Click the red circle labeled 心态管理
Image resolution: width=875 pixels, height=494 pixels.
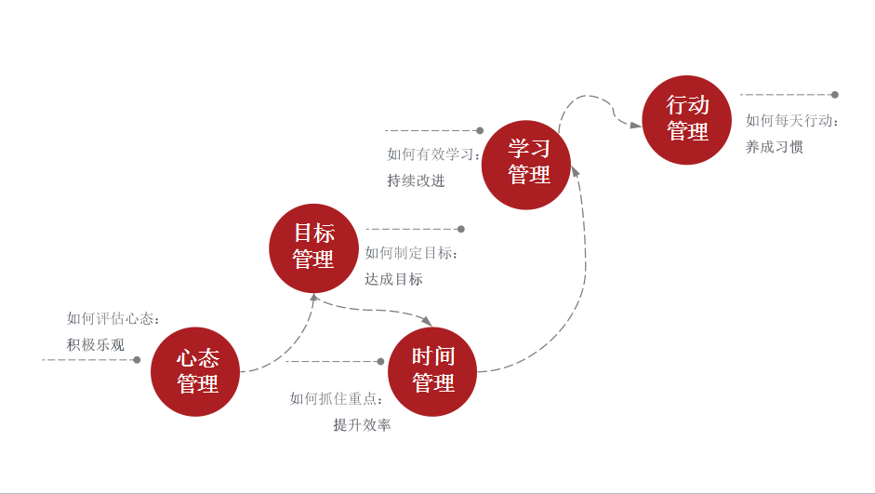pyautogui.click(x=196, y=371)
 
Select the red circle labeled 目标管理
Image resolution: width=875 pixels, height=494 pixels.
pyautogui.click(x=313, y=247)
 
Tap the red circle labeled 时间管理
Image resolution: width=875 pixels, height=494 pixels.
pyautogui.click(x=432, y=371)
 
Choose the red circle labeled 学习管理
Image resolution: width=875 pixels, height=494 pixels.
pyautogui.click(x=527, y=164)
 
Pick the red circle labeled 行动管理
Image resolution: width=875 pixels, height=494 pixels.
pyautogui.click(x=687, y=120)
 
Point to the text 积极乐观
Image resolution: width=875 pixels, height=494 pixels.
pyautogui.click(x=95, y=345)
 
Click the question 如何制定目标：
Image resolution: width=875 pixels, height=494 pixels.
pyautogui.click(x=412, y=253)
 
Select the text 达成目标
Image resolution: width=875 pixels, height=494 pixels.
pyautogui.click(x=393, y=279)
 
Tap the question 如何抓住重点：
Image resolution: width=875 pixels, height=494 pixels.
pyautogui.click(x=337, y=399)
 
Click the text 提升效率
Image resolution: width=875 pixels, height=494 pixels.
pyautogui.click(x=362, y=425)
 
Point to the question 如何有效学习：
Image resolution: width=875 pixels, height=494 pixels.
pyautogui.click(x=434, y=154)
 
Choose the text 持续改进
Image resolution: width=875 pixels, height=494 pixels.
pyautogui.click(x=416, y=180)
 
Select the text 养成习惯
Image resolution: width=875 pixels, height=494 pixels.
pyautogui.click(x=774, y=147)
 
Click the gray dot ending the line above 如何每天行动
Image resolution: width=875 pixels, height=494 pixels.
pyautogui.click(x=834, y=95)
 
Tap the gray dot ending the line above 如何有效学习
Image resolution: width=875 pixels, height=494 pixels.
pyautogui.click(x=480, y=131)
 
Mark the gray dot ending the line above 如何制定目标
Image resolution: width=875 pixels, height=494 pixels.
pyautogui.click(x=460, y=229)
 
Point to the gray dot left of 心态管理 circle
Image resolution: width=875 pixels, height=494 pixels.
pyautogui.click(x=137, y=359)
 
